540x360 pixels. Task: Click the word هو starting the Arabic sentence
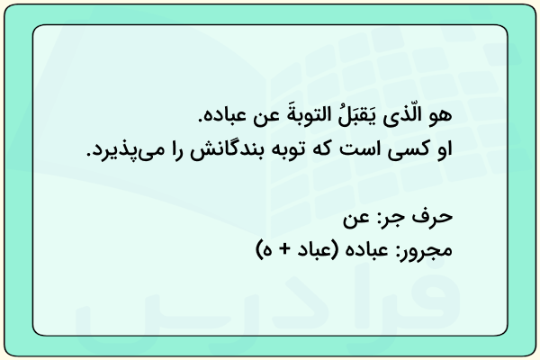pos(440,115)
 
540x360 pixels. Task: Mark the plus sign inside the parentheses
pos(284,250)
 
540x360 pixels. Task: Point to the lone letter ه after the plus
pos(268,251)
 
